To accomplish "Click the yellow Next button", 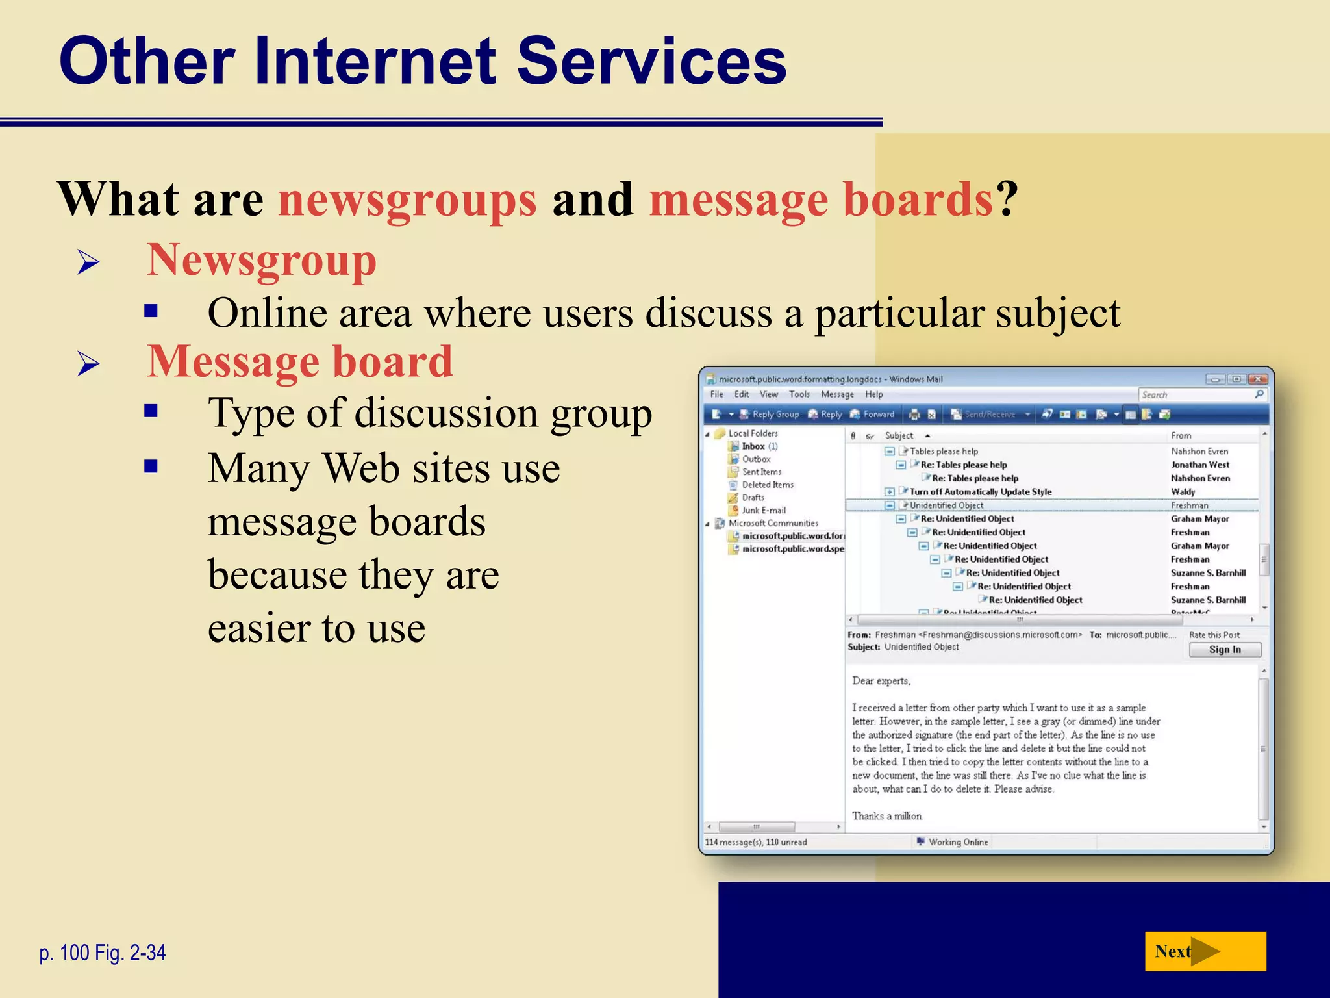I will pyautogui.click(x=1205, y=951).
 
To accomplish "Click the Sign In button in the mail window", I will pyautogui.click(x=1225, y=650).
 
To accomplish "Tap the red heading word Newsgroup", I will pyautogui.click(x=261, y=261).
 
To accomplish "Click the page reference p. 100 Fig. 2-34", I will pyautogui.click(x=103, y=953).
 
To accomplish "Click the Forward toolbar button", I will pyautogui.click(x=873, y=414).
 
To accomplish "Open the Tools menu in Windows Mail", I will pyautogui.click(x=799, y=394).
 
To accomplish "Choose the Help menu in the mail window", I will pyautogui.click(x=874, y=394).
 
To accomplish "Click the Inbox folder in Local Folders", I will pyautogui.click(x=753, y=446).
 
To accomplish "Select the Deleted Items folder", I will pyautogui.click(x=768, y=485).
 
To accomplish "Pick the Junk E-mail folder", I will pyautogui.click(x=764, y=510).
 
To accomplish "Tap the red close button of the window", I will pyautogui.click(x=1258, y=379).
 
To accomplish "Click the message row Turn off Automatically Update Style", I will pyautogui.click(x=981, y=492).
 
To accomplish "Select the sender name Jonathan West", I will pyautogui.click(x=1200, y=465).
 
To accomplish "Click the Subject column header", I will pyautogui.click(x=899, y=435).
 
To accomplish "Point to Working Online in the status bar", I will pyautogui.click(x=958, y=842).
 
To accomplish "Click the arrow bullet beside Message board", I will pyautogui.click(x=88, y=363).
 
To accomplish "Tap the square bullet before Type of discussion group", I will pyautogui.click(x=151, y=411).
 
